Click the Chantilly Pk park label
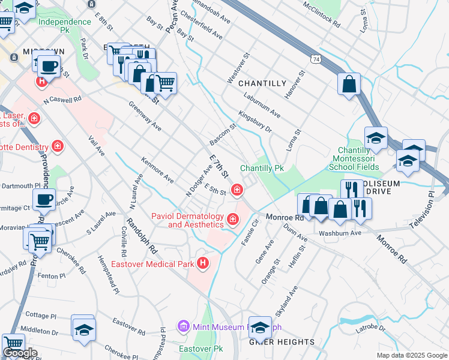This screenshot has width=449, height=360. point(262,169)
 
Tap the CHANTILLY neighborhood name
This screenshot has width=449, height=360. point(262,83)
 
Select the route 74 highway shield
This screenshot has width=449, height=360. point(316,59)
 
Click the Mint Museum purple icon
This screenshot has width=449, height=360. point(184,326)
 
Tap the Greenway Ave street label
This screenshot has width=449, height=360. point(145,115)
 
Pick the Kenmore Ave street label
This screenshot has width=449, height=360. point(157,170)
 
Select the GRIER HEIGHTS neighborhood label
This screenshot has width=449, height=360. point(282,342)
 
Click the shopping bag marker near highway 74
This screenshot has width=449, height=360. point(349,85)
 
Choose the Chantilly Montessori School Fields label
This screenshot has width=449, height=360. point(358,158)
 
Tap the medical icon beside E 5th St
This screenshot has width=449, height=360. point(238,191)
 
